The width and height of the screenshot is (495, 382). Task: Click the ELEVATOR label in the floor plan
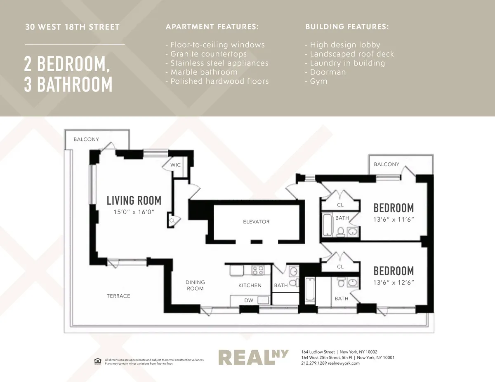(256, 222)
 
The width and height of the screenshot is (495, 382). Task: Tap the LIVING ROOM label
(134, 201)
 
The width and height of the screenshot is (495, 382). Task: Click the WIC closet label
(176, 165)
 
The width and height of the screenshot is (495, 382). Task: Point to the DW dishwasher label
(249, 300)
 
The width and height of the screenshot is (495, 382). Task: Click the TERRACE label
(118, 296)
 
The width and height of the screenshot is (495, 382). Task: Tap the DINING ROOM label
(195, 285)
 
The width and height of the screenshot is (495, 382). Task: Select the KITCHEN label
(250, 285)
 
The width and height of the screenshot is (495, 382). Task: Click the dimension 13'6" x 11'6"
(394, 220)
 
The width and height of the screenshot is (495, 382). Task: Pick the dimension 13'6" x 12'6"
(394, 283)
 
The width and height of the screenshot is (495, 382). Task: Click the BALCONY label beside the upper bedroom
(387, 164)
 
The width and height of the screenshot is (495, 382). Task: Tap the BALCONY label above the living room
(86, 139)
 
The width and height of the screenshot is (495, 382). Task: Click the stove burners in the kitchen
(258, 270)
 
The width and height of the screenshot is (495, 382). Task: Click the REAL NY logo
(253, 357)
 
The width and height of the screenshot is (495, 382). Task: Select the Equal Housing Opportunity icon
(97, 361)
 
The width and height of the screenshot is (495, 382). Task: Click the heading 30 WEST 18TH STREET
(72, 28)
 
